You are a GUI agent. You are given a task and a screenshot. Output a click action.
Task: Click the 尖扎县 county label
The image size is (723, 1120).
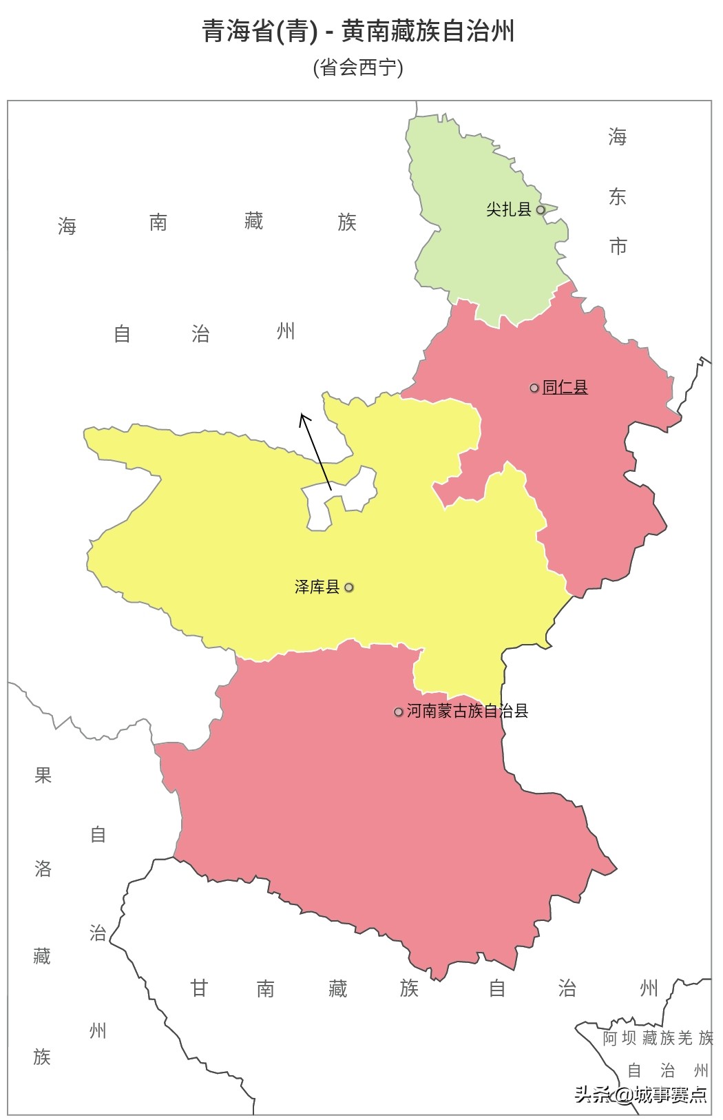tap(508, 209)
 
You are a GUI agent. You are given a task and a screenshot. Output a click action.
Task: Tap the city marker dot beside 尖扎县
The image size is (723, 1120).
tap(541, 209)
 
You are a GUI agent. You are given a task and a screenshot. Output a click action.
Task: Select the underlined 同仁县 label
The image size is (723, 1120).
tap(565, 388)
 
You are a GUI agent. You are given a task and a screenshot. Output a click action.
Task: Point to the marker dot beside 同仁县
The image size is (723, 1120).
tap(534, 388)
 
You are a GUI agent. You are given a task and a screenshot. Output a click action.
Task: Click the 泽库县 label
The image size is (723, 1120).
tap(317, 587)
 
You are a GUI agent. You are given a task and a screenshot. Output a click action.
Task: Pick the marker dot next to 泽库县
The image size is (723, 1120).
tap(349, 588)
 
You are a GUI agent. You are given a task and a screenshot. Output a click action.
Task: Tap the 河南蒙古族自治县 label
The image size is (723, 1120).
tap(468, 711)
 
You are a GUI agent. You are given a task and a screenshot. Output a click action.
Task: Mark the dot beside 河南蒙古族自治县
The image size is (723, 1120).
tap(398, 712)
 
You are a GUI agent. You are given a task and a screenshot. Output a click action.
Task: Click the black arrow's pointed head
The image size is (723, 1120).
tap(302, 415)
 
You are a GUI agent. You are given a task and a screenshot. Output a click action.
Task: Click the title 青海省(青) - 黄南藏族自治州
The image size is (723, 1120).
tap(358, 32)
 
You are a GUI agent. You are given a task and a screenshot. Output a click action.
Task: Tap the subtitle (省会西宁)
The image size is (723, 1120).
tap(358, 68)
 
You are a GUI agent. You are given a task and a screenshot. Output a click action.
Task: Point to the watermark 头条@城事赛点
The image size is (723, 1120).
tap(641, 1095)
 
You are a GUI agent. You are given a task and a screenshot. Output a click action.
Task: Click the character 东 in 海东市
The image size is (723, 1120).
tap(617, 197)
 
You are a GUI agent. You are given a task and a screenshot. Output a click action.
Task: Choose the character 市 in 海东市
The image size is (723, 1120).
tap(618, 246)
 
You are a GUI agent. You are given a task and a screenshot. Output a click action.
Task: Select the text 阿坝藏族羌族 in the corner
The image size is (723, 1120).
tap(658, 1038)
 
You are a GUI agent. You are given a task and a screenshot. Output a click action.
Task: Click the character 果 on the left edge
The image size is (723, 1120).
tap(43, 776)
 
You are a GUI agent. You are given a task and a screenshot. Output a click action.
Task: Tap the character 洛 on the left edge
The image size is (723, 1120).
tap(43, 869)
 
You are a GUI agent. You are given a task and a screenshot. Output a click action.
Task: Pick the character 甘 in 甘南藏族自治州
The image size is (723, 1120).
tap(199, 988)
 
